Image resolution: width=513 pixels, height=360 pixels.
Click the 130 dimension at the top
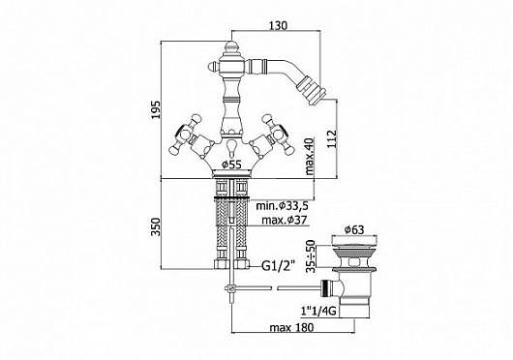click(278, 25)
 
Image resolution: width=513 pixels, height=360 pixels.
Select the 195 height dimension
click(157, 110)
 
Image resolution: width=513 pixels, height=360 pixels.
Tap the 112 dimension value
click(332, 139)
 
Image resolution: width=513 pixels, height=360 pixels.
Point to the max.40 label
click(310, 157)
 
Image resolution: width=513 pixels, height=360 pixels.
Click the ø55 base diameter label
click(232, 165)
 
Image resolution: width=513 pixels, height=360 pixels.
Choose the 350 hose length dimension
click(157, 226)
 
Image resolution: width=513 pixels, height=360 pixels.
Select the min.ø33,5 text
click(282, 206)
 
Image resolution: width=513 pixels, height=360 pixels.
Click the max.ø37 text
click(285, 220)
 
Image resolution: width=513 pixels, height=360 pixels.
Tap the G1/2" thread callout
click(278, 265)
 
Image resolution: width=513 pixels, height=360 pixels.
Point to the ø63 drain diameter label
click(354, 230)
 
